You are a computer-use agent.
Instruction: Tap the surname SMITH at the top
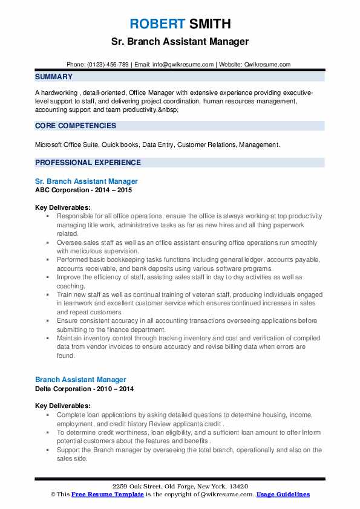[209, 24]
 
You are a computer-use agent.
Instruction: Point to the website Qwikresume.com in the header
[268, 64]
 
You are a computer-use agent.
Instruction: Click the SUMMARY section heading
[54, 77]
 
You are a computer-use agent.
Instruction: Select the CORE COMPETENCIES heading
[76, 126]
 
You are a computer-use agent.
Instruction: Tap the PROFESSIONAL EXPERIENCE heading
[88, 162]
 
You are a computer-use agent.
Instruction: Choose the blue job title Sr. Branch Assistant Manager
[87, 181]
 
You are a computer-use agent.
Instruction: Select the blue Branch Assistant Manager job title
[80, 380]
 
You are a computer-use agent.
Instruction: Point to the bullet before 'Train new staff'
[48, 293]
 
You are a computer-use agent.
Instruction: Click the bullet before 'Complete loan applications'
[48, 415]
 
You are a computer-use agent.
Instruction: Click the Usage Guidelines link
[283, 494]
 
